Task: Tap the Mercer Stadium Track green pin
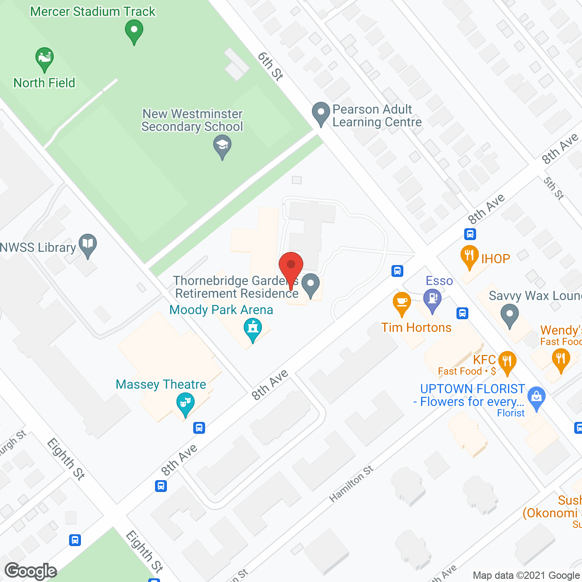pos(134,31)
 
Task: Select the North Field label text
pos(44,83)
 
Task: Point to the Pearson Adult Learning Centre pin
pos(321,113)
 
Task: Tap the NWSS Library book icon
pos(88,244)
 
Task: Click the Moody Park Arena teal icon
pos(253,328)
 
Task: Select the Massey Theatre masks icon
pos(185,403)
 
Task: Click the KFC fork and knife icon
pos(507,362)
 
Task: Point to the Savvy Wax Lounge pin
pos(509,315)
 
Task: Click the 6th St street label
pos(270,66)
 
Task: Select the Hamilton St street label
pos(351,484)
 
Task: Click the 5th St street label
pos(553,188)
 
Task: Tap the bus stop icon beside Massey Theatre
pos(199,428)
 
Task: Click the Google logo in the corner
pos(30,571)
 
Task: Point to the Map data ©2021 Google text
pos(526,575)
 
